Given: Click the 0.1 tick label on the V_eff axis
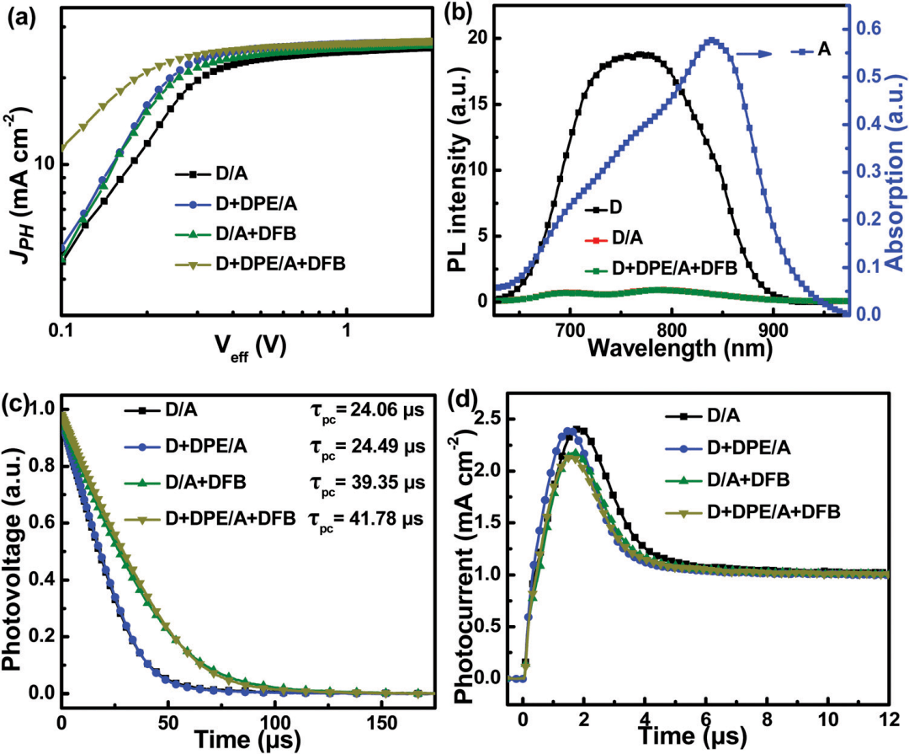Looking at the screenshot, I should coord(59,329).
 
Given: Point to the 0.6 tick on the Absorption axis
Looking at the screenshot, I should coord(868,29).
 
